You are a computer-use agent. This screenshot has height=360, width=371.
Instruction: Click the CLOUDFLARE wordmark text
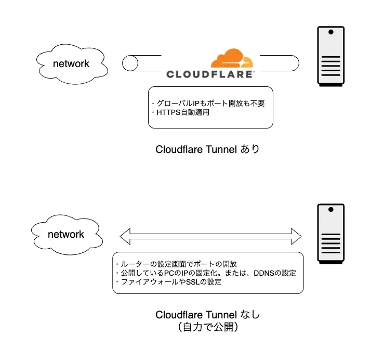[210, 74]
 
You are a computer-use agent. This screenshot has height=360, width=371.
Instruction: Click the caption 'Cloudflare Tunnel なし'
[207, 315]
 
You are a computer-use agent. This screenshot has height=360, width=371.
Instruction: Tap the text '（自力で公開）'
[207, 328]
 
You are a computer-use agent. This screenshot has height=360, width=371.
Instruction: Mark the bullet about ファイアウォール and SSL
[171, 282]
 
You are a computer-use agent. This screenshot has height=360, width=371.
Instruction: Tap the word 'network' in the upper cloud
[72, 64]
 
